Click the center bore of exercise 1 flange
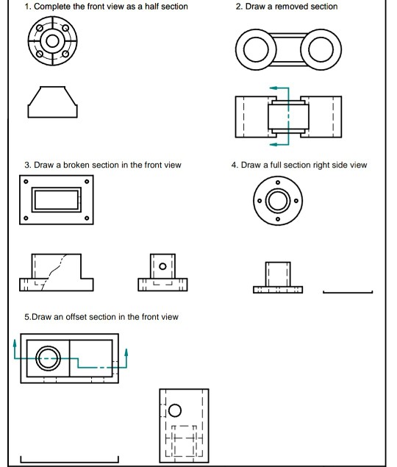(53, 41)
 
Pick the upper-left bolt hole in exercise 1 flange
(40, 28)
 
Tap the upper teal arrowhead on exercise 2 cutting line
(273, 88)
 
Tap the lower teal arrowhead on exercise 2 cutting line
(273, 144)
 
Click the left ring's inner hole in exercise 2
(256, 49)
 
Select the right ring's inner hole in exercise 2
(321, 49)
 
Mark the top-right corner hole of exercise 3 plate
(87, 182)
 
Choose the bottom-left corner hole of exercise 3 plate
(26, 218)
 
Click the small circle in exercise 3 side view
(162, 266)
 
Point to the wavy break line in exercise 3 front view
(54, 271)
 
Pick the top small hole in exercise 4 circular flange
(278, 182)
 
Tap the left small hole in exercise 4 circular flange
(260, 201)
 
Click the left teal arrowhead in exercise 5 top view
(15, 343)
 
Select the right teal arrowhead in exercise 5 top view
(126, 352)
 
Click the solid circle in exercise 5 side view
(175, 410)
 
